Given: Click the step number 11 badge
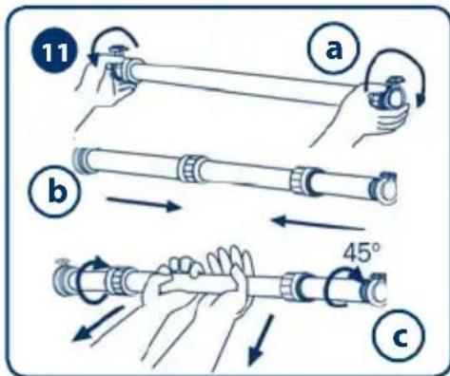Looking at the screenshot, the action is click(x=54, y=51).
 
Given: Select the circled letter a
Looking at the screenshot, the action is click(x=334, y=48).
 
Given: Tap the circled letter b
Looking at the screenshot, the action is click(x=55, y=191).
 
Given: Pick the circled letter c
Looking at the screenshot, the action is click(x=399, y=336).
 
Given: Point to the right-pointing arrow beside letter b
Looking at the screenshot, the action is click(x=144, y=204).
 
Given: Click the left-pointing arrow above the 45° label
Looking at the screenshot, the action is click(x=318, y=222).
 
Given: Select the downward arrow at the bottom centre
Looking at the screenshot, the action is click(x=261, y=339).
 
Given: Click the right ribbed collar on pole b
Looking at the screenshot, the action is click(x=304, y=180).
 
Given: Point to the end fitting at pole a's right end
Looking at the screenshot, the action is click(x=388, y=94).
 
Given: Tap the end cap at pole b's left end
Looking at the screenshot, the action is click(x=81, y=160).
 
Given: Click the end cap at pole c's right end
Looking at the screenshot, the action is click(x=376, y=290).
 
